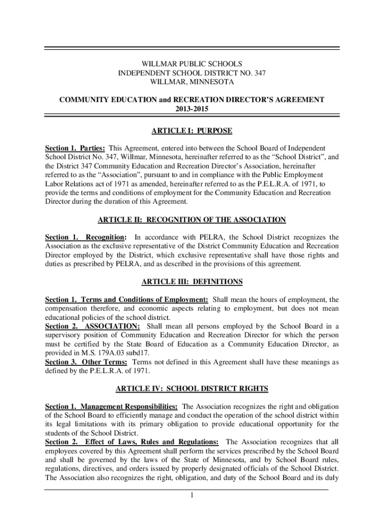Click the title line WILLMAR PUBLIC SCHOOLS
pyautogui.click(x=192, y=64)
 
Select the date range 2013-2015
pyautogui.click(x=192, y=109)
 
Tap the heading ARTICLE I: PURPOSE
pyautogui.click(x=192, y=131)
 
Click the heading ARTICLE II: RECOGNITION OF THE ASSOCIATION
pyautogui.click(x=192, y=220)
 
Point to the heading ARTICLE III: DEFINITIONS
pyautogui.click(x=192, y=282)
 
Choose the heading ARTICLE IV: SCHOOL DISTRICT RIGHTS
pyautogui.click(x=192, y=388)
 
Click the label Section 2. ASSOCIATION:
pyautogui.click(x=92, y=326)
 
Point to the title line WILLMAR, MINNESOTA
pyautogui.click(x=192, y=82)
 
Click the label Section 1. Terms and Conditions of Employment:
pyautogui.click(x=127, y=300)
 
